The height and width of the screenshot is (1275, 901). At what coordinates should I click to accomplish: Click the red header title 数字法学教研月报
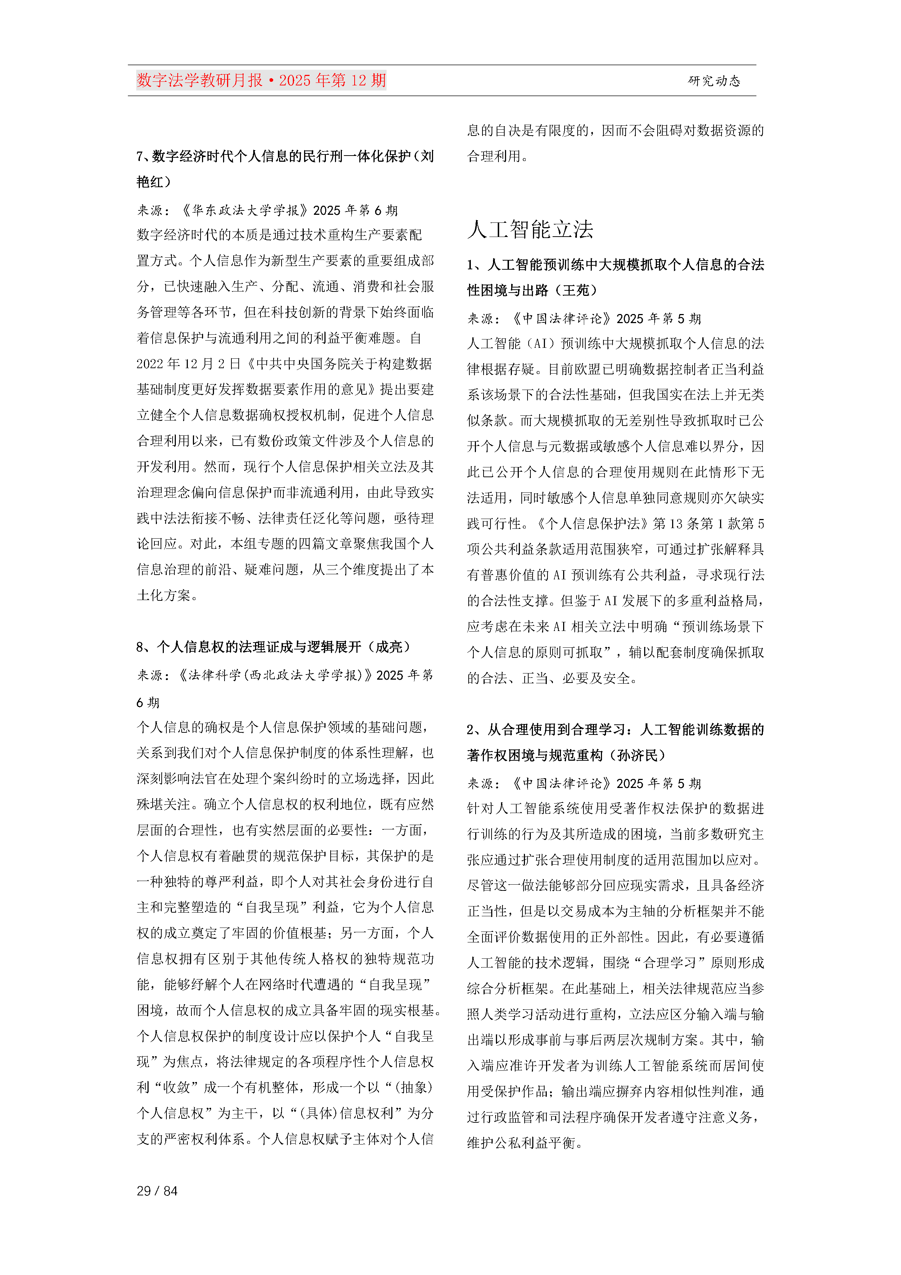tap(200, 81)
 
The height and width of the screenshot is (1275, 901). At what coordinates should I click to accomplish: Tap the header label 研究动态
tap(714, 81)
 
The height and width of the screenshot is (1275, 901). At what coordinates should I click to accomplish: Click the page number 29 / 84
tap(157, 1191)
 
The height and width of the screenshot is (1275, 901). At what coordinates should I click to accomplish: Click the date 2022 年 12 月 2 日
tap(189, 364)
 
